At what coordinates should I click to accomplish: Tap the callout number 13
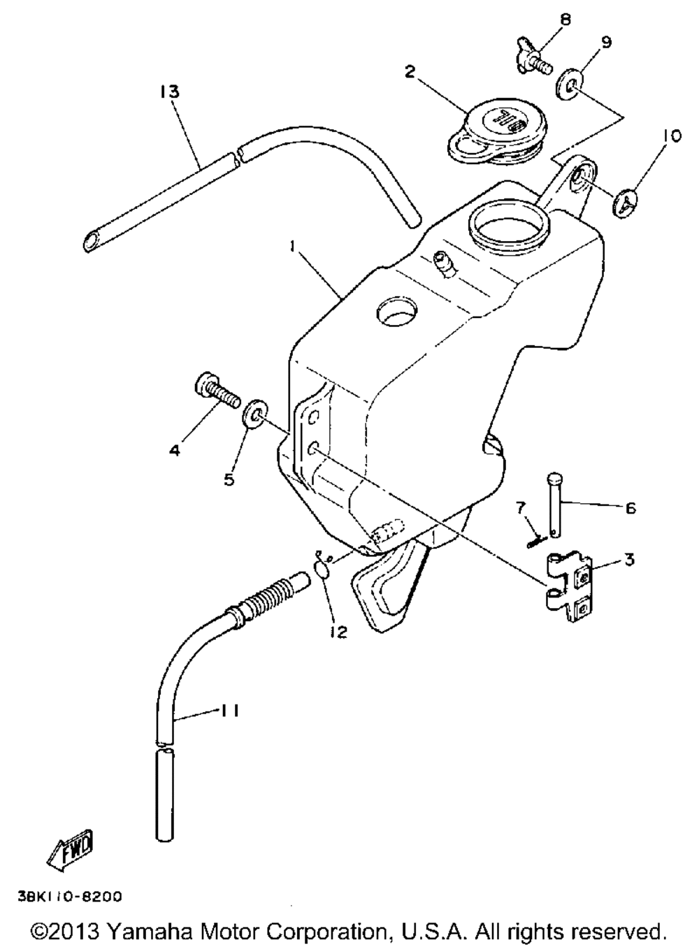pyautogui.click(x=168, y=92)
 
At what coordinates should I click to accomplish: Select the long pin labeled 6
pyautogui.click(x=553, y=504)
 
